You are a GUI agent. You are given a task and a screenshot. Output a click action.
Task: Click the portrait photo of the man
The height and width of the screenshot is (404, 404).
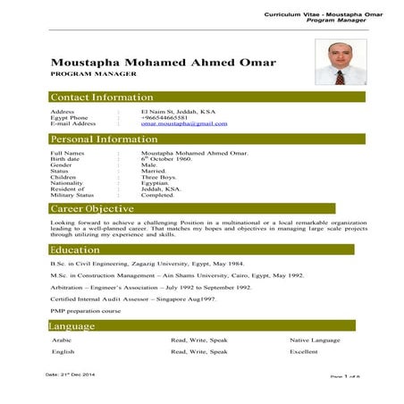337,63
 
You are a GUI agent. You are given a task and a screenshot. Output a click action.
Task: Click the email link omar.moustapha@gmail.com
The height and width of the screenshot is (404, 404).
183,123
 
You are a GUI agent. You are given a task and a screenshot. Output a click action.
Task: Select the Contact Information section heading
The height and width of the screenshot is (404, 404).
102,97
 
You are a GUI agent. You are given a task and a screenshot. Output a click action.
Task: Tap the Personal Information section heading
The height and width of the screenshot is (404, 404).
104,139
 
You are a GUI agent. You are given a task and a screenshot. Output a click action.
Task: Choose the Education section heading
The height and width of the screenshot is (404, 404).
75,250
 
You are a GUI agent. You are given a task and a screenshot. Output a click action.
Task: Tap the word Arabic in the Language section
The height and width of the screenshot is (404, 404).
62,341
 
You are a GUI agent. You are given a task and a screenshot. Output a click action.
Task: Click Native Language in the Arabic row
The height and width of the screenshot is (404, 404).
315,341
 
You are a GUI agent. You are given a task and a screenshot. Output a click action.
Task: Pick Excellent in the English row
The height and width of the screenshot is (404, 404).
304,352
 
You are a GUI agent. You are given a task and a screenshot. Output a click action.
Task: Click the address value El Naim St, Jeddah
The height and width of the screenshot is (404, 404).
178,111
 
